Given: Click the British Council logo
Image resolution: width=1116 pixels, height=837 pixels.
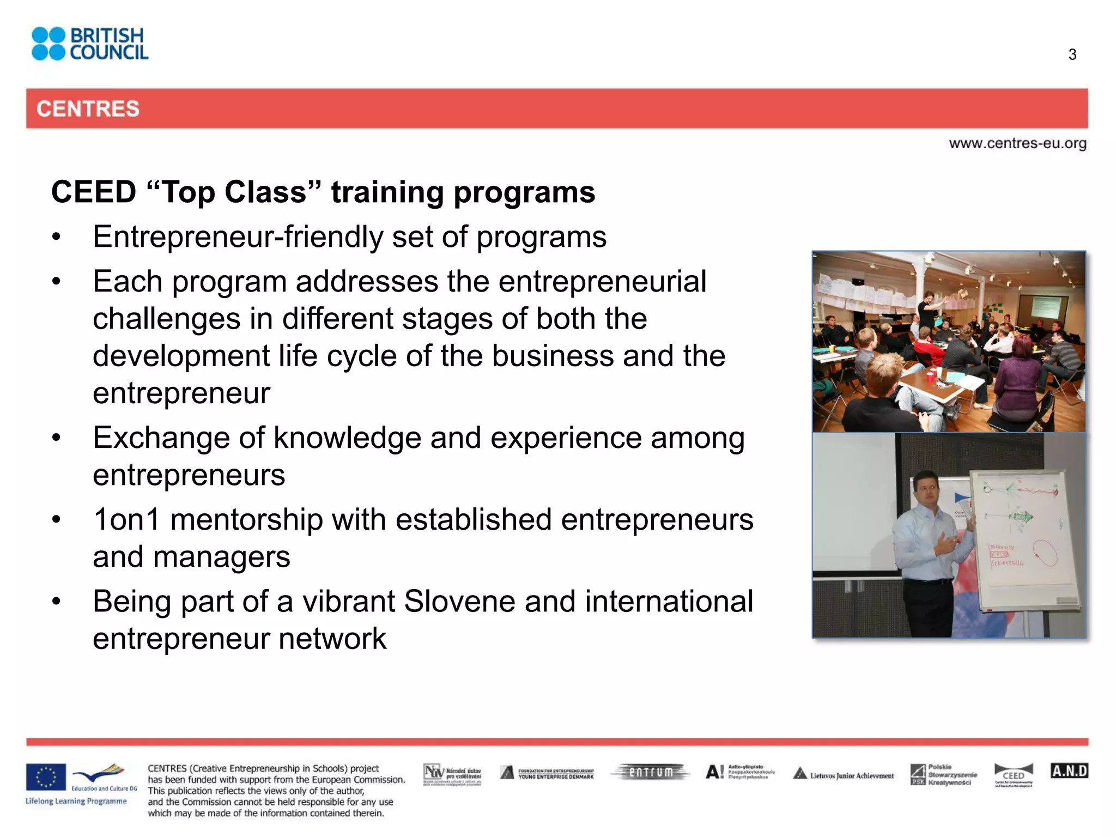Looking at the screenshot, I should (90, 44).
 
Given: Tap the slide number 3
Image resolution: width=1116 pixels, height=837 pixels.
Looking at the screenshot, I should (1072, 54).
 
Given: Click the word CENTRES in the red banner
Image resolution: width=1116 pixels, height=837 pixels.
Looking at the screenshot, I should (88, 108).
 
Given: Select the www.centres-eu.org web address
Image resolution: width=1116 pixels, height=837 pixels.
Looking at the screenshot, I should (1017, 143).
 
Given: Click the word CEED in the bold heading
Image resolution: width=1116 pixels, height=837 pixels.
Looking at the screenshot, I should (93, 192).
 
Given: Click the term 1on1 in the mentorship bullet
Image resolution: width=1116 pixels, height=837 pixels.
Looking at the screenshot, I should (126, 519).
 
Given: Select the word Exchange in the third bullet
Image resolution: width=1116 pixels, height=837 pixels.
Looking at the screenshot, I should (178, 438).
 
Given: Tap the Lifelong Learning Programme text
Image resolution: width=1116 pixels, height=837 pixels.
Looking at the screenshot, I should (76, 801).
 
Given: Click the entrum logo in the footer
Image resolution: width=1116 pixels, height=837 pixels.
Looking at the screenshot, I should (651, 772).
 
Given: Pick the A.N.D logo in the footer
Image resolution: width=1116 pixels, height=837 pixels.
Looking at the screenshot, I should (1069, 771).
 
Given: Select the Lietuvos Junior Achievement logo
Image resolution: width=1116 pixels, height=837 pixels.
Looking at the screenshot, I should (844, 774).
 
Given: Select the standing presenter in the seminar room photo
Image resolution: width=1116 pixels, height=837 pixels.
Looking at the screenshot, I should (927, 311).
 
